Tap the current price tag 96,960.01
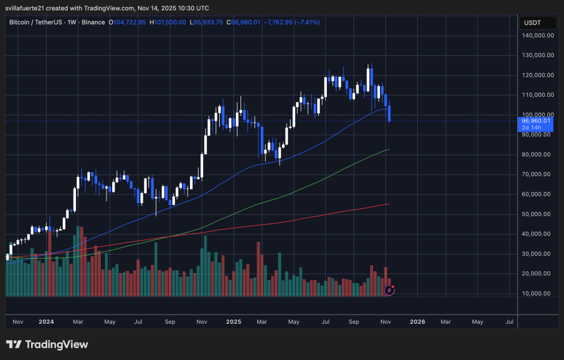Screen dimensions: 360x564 click(x=536, y=121)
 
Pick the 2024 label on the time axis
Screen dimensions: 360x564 click(x=47, y=322)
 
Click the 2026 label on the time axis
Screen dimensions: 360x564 click(x=417, y=322)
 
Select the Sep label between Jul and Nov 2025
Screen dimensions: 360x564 click(x=355, y=322)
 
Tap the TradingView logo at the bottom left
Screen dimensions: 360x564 click(x=47, y=344)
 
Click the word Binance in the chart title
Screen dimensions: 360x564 click(x=92, y=22)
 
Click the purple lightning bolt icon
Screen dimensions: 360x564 click(x=389, y=290)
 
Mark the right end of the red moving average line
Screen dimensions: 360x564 click(x=389, y=203)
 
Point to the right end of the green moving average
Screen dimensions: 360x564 click(x=389, y=149)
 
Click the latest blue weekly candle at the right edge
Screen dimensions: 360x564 click(x=390, y=113)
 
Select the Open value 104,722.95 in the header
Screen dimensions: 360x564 click(x=129, y=22)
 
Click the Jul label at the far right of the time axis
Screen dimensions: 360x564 click(x=509, y=322)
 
